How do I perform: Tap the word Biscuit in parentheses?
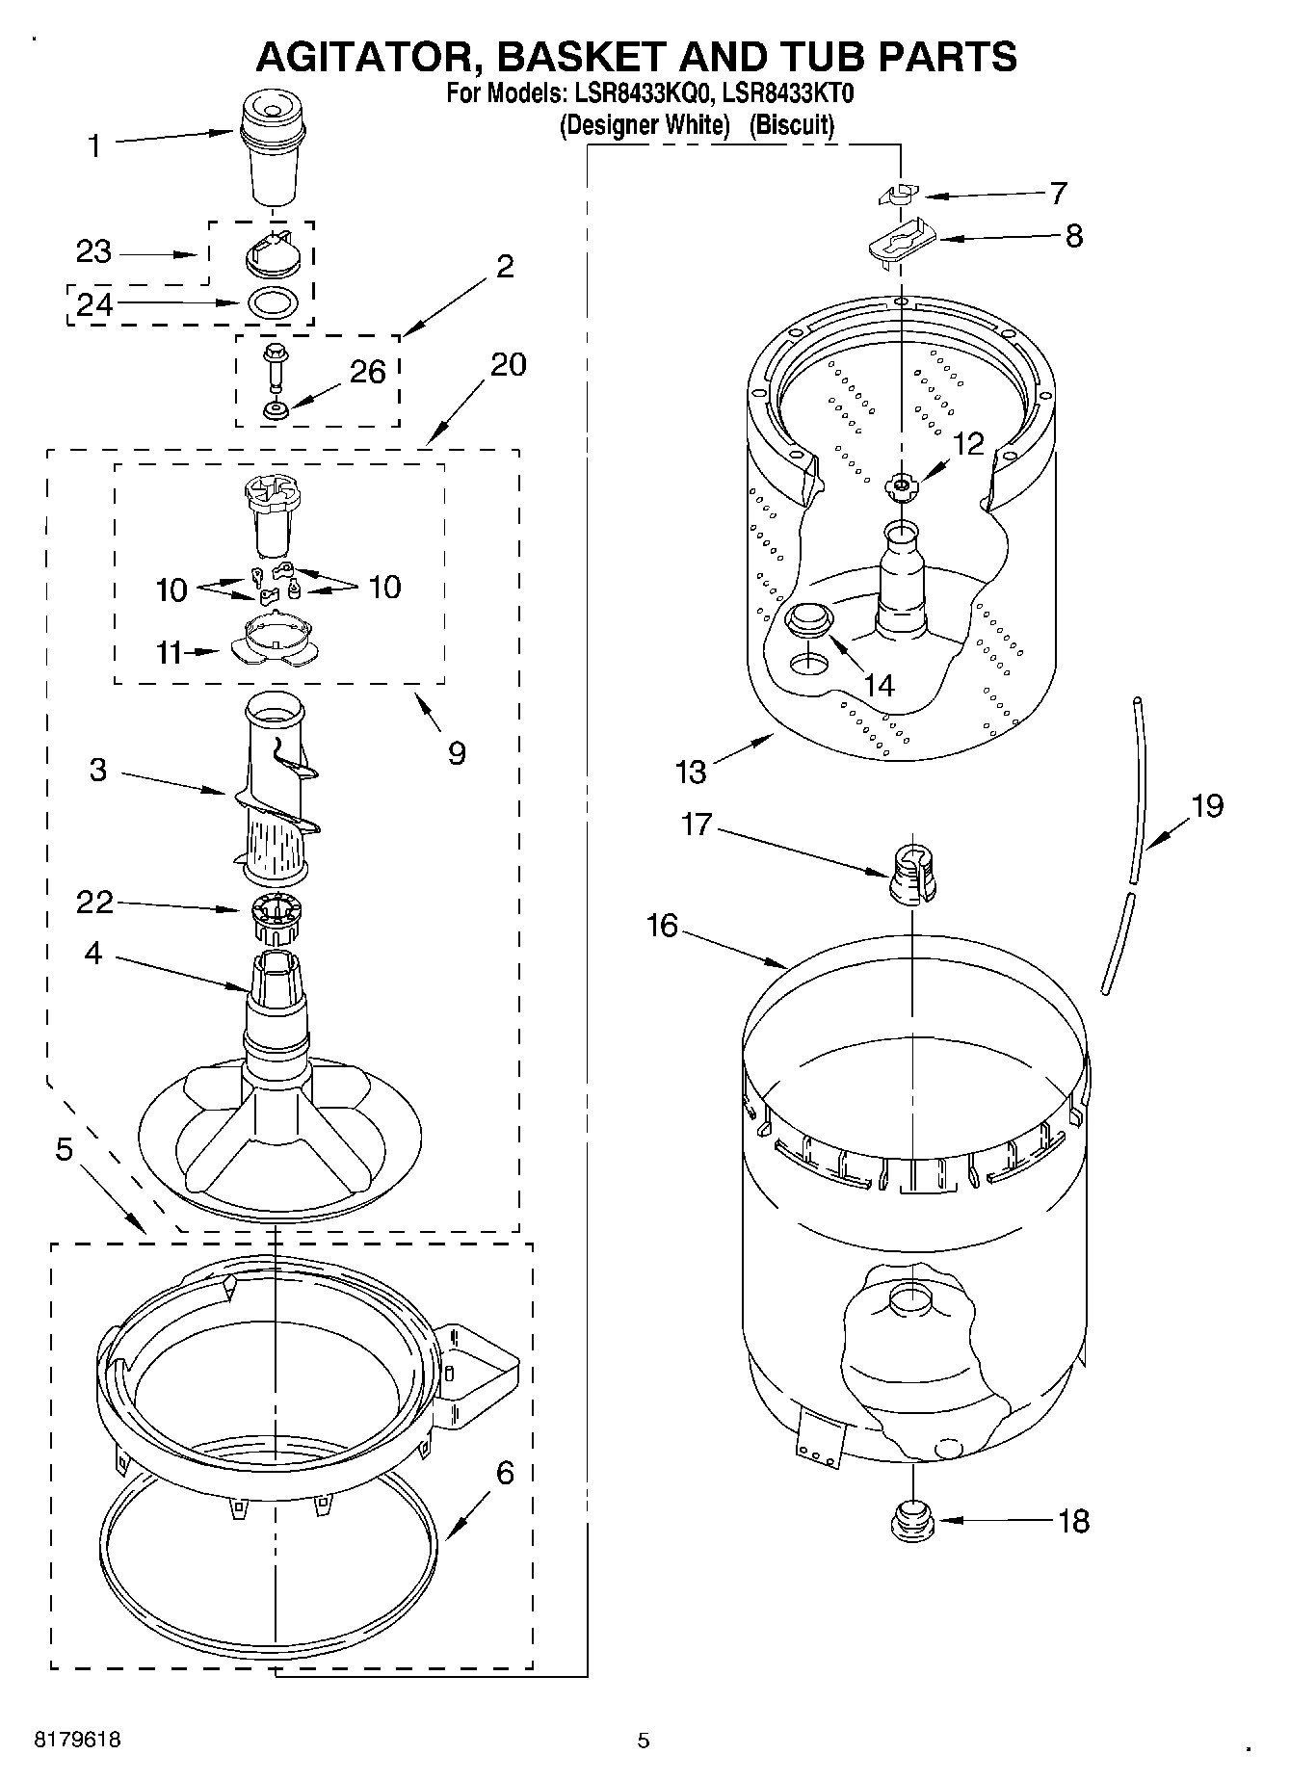point(792,125)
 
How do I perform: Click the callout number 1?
point(94,146)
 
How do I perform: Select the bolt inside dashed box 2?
point(275,364)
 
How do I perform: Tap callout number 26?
point(367,372)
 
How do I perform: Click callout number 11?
point(170,653)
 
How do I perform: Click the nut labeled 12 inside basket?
point(902,485)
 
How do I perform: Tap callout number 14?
point(879,685)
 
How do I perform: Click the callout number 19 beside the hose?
point(1206,805)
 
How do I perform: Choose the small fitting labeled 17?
point(913,875)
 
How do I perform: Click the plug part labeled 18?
point(910,1521)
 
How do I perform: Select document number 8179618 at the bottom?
point(77,1741)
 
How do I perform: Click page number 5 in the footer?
point(644,1741)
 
